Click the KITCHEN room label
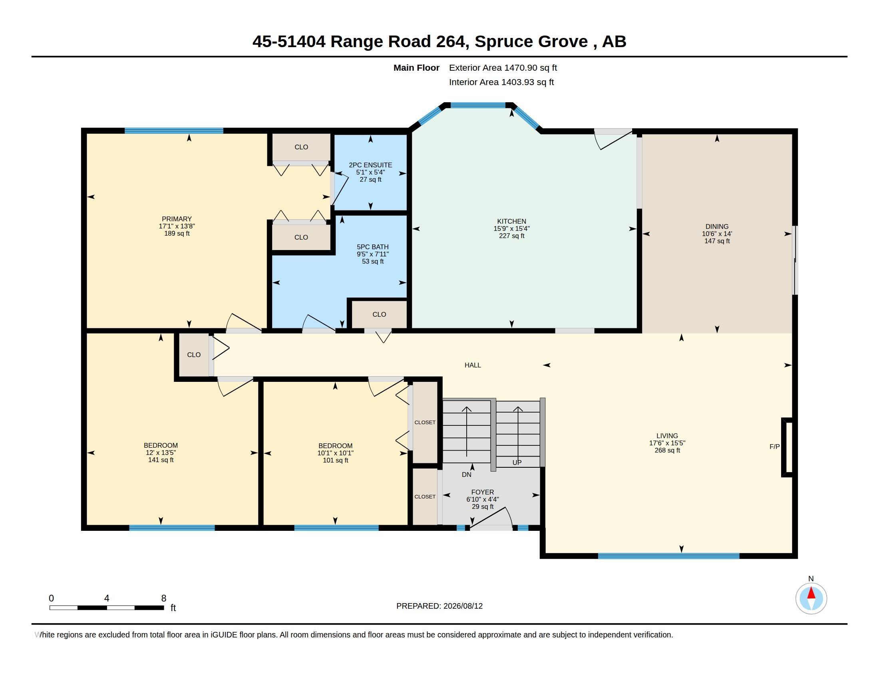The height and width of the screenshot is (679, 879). tap(511, 221)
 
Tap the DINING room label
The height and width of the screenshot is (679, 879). tap(717, 226)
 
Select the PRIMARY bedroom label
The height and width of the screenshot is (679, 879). tap(177, 219)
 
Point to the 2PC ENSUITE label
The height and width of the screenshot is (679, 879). tap(370, 165)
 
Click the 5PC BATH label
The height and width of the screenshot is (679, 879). tap(373, 247)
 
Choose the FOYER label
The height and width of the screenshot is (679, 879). tap(483, 492)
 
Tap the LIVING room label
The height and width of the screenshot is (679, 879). tap(667, 436)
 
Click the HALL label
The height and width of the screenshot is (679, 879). tap(473, 365)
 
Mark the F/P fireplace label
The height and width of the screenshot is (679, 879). tap(774, 447)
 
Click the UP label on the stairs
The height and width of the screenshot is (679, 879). tap(517, 463)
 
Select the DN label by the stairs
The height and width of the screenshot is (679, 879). tap(466, 475)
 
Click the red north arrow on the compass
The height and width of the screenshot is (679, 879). tap(811, 593)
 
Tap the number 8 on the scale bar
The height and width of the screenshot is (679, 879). tap(164, 598)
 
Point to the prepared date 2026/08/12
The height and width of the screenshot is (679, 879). tap(463, 606)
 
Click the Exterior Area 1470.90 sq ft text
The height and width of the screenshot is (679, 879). tap(503, 68)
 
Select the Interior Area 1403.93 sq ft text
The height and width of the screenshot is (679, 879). tap(501, 82)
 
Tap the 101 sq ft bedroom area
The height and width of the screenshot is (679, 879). tap(335, 460)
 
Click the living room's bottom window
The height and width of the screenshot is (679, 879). tap(668, 556)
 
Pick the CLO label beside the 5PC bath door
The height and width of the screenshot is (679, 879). tap(379, 315)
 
